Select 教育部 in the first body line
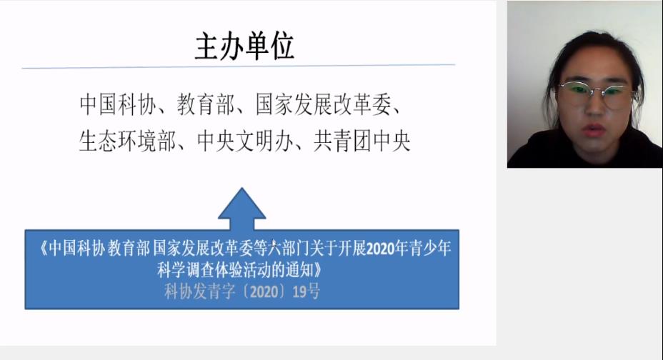coord(206,104)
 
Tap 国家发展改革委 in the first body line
coord(324,104)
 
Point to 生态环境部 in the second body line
coord(127,141)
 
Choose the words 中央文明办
coord(245,141)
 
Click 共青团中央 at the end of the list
coord(362,141)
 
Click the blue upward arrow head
coord(242,204)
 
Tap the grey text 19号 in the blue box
coord(306,291)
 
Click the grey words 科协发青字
coord(199,291)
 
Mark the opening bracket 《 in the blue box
coord(43,248)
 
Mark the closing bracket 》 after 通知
coord(318,270)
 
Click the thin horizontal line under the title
coord(239,66)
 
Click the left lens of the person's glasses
coord(577,93)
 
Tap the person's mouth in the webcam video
coord(593,129)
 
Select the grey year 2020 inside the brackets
coord(264,291)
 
